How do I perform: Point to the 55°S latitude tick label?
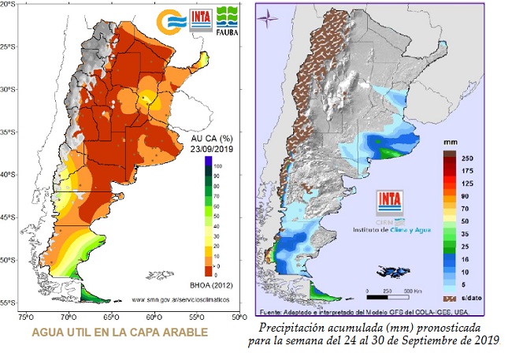tap(10, 302)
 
